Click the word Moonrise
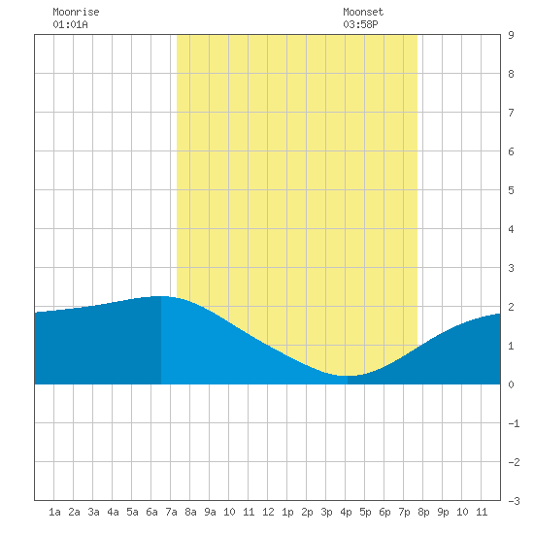point(76,12)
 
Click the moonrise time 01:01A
point(70,24)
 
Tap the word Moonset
point(363,12)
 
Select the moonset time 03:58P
point(360,24)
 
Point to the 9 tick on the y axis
point(511,35)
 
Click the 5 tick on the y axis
point(511,190)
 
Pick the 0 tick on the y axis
point(511,384)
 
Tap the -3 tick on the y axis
point(514,501)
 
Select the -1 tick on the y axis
point(514,423)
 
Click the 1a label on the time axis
point(54,512)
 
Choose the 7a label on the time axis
point(171,512)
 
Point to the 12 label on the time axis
point(268,512)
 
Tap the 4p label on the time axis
point(346,512)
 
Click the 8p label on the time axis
point(423,512)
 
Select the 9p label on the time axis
point(443,512)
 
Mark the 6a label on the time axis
point(151,512)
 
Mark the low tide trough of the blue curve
point(348,376)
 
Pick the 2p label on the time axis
point(307,512)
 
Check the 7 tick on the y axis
point(511,113)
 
